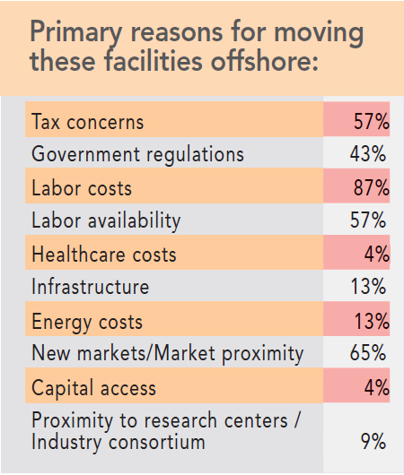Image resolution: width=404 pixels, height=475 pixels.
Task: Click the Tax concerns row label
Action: pos(87,121)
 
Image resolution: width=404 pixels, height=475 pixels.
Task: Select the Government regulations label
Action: pos(137,154)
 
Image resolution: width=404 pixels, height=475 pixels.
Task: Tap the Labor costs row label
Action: pos(82,187)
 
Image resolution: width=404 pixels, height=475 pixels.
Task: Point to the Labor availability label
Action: pos(106,220)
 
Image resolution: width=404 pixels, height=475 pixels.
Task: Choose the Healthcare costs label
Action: pos(104,255)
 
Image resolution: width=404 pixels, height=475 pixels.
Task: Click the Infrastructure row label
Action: pos(90,288)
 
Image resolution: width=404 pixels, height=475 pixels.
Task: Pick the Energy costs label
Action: pos(86,321)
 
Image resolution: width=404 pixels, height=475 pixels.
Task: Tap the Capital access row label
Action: pos(93,388)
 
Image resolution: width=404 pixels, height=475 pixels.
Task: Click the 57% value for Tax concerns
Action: pos(369,121)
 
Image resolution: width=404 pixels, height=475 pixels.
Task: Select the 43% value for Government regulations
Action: pos(368,154)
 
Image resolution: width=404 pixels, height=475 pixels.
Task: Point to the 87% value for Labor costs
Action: pos(369,187)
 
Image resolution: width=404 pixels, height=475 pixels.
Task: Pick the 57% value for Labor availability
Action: pos(368,220)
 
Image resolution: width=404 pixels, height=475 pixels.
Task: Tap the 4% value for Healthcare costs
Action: pos(375,255)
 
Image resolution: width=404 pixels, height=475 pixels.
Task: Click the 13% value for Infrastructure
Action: pos(368,288)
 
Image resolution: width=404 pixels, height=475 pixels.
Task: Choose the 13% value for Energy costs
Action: pos(369,321)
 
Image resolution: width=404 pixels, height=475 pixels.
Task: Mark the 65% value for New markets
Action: pos(368,354)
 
